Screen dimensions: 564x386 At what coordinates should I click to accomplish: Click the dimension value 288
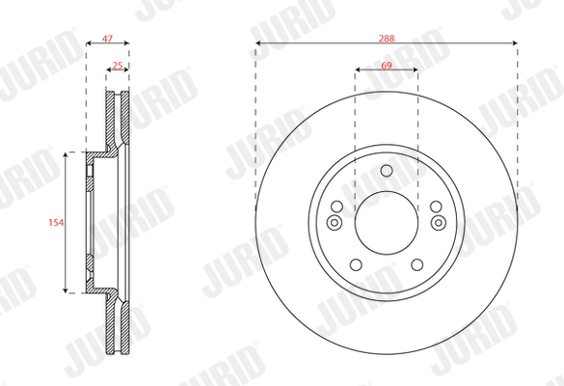(x=387, y=39)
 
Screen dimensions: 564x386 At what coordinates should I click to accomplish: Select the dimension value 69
(x=387, y=66)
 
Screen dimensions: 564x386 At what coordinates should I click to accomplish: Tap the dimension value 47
(x=107, y=39)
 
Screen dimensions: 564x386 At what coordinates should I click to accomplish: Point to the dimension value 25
(x=118, y=66)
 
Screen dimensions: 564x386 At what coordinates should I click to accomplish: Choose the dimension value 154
(x=56, y=223)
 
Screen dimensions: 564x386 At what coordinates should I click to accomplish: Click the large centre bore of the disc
(x=387, y=223)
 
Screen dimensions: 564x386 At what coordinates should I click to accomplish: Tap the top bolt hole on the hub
(x=387, y=170)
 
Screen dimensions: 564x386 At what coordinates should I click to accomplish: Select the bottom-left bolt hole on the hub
(x=356, y=265)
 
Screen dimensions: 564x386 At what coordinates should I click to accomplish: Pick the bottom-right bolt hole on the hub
(x=417, y=265)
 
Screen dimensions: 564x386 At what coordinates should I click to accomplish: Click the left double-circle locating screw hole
(x=335, y=223)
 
